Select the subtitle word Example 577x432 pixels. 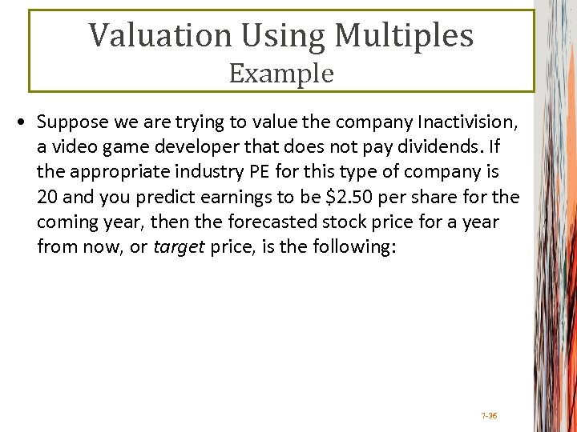pos(281,73)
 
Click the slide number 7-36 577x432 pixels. pos(488,416)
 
